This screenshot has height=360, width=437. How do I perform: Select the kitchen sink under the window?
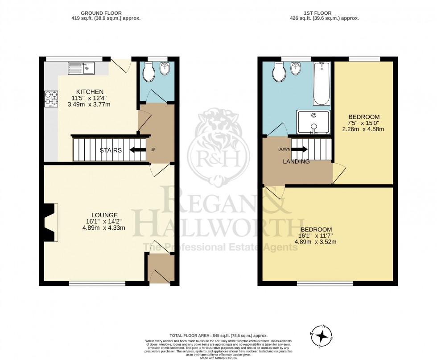tap(81, 68)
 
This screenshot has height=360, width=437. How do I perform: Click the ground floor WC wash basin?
tap(165, 69)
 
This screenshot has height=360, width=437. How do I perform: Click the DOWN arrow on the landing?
tap(298, 149)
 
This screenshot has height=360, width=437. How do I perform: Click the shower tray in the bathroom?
tap(314, 121)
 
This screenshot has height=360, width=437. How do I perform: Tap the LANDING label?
tap(297, 161)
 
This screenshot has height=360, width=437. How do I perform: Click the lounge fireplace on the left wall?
tap(49, 222)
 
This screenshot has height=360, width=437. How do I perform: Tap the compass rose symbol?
tap(326, 336)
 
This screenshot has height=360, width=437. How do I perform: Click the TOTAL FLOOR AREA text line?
tap(218, 335)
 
